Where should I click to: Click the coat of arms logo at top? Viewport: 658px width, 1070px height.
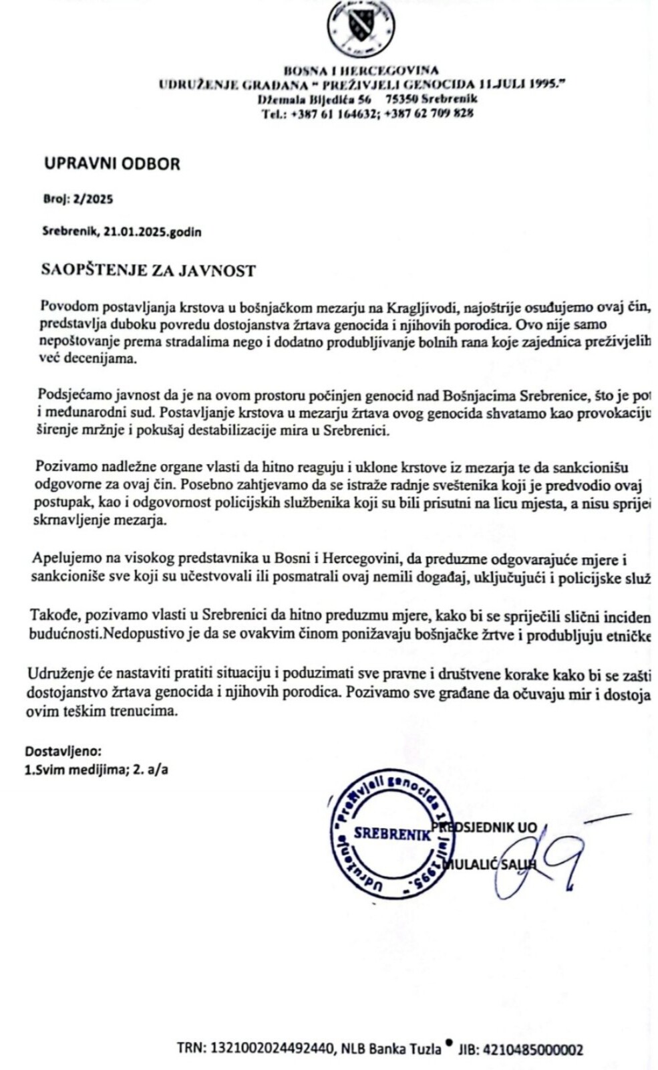(x=360, y=27)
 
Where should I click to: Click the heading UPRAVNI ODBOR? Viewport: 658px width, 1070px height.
(x=112, y=164)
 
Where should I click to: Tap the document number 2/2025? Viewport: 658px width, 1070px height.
(x=97, y=199)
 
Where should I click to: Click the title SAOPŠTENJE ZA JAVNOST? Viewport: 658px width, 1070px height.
(x=148, y=270)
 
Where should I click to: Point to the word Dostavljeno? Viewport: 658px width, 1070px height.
(x=63, y=751)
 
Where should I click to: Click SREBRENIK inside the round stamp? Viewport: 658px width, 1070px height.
(x=392, y=833)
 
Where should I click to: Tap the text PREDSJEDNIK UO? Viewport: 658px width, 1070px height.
(x=486, y=827)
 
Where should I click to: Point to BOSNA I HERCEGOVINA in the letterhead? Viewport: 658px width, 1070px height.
(x=361, y=70)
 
